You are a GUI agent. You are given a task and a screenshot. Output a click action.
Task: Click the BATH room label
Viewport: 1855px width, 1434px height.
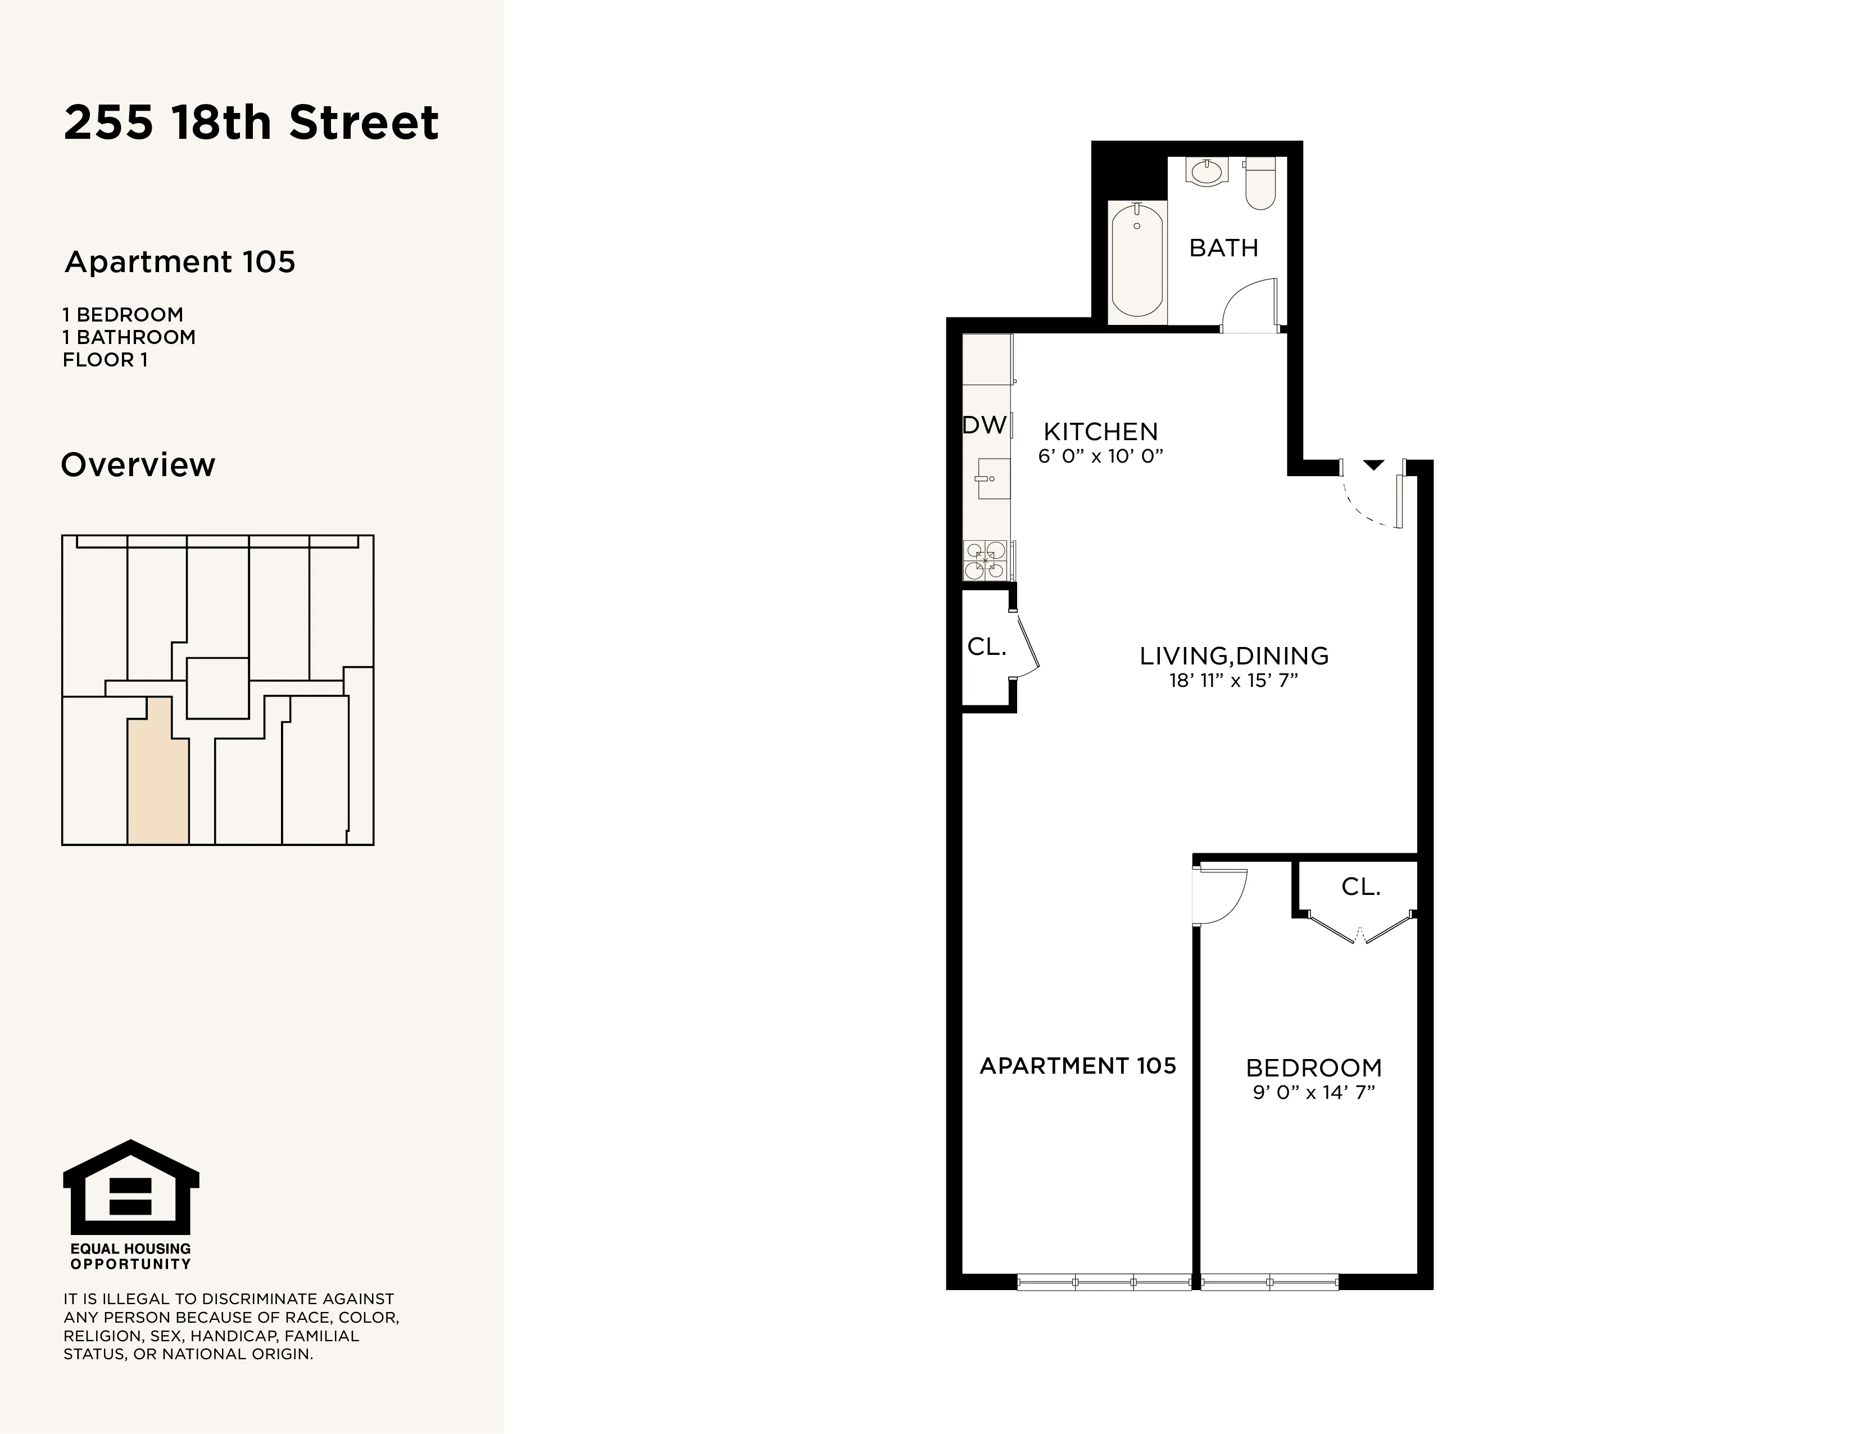point(1223,248)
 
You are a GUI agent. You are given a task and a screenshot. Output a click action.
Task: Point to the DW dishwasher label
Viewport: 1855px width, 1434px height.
point(985,425)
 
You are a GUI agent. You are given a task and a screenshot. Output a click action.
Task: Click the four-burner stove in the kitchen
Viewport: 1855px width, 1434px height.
point(985,560)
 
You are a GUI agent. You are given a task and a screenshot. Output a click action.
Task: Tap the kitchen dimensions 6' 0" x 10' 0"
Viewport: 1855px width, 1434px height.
point(1100,456)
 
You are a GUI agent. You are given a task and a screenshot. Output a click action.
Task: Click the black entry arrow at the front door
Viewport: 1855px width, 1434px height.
point(1373,465)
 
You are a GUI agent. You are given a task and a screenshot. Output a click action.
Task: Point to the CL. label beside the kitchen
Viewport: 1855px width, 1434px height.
point(986,648)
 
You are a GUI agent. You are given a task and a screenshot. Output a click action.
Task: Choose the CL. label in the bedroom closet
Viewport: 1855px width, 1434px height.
point(1360,887)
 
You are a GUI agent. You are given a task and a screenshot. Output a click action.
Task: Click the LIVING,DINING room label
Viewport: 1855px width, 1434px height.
point(1233,656)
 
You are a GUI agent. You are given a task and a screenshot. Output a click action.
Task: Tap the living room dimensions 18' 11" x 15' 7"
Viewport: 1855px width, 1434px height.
point(1233,681)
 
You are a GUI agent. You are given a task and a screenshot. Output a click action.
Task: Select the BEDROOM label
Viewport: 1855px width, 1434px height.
point(1313,1068)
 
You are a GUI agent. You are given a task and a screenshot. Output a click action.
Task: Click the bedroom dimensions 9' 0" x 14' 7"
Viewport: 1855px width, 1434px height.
point(1313,1092)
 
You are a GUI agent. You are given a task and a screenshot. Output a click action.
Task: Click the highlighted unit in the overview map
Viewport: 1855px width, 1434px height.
point(157,777)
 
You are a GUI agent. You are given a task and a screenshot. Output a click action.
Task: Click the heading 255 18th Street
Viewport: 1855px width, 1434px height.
point(251,123)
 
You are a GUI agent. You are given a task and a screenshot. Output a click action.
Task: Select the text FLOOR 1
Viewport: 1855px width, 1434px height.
point(105,360)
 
